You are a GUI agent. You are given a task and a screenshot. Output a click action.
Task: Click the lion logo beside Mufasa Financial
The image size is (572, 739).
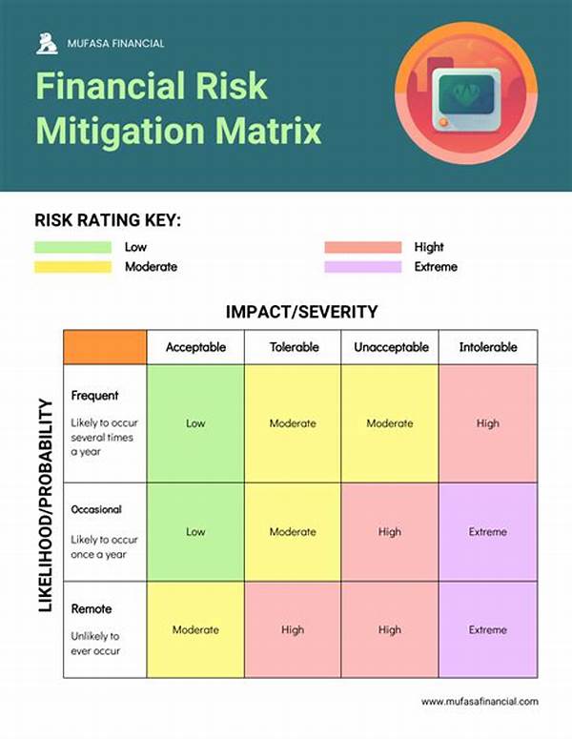(47, 43)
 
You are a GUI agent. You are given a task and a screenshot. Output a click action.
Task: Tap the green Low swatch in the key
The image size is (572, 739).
(73, 247)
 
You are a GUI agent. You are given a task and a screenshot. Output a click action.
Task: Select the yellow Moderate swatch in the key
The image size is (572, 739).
(73, 267)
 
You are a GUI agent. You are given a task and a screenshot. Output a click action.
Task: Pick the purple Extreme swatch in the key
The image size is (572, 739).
(363, 267)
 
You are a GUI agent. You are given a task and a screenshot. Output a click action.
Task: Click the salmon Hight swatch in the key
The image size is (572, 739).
(363, 247)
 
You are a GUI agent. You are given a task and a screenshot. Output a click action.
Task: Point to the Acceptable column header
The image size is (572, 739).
(195, 347)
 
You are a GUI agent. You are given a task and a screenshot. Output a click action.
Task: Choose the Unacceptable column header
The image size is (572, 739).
(391, 347)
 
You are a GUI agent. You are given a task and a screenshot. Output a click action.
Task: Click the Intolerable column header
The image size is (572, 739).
(488, 347)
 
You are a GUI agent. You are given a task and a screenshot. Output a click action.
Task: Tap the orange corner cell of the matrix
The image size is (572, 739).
(105, 347)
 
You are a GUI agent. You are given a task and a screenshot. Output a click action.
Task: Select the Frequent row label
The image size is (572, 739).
(94, 396)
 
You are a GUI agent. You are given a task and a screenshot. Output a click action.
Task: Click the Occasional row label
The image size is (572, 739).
(96, 509)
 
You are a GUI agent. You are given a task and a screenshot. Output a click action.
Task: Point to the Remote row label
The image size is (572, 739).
(92, 609)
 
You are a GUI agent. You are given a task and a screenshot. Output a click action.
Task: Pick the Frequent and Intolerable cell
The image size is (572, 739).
(488, 423)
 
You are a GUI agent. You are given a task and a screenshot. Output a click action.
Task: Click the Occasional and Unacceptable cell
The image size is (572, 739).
(390, 532)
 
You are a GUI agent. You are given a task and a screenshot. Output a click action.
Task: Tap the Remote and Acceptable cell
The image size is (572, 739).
(195, 629)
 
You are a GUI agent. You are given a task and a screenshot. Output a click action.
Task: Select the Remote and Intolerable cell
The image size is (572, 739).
(488, 629)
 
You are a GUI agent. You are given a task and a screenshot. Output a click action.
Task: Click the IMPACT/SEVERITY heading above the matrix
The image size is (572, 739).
(301, 312)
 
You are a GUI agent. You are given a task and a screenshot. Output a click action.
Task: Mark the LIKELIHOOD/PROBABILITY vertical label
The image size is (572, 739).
(45, 505)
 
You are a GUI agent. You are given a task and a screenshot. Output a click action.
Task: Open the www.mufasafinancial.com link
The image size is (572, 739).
(480, 701)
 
